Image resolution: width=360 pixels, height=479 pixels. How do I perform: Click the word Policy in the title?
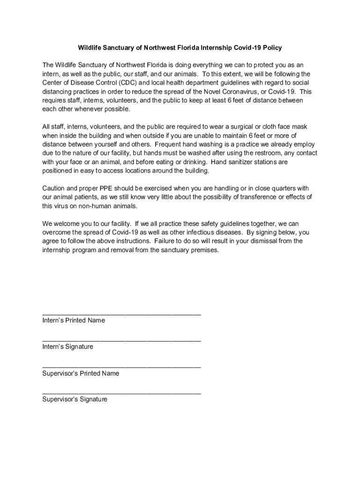(x=272, y=48)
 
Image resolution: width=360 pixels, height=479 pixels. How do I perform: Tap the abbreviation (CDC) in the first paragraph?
(x=123, y=83)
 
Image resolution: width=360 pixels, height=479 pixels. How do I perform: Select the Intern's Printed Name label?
(x=73, y=320)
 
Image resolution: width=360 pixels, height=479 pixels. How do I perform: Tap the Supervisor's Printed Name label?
(x=80, y=373)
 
